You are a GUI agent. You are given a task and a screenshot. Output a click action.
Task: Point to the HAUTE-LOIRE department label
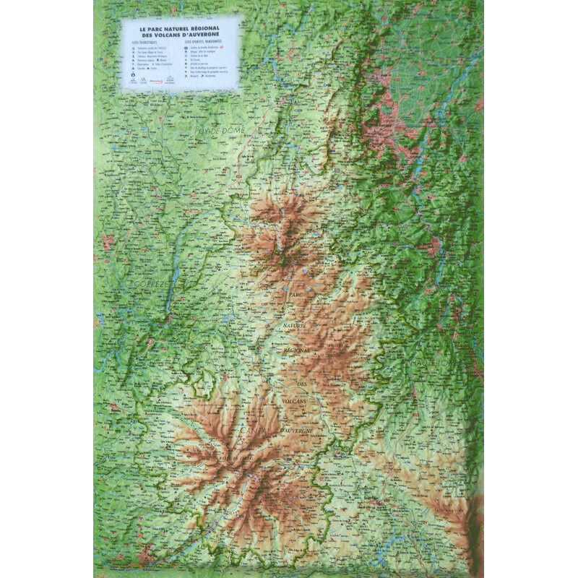click(x=433, y=359)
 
